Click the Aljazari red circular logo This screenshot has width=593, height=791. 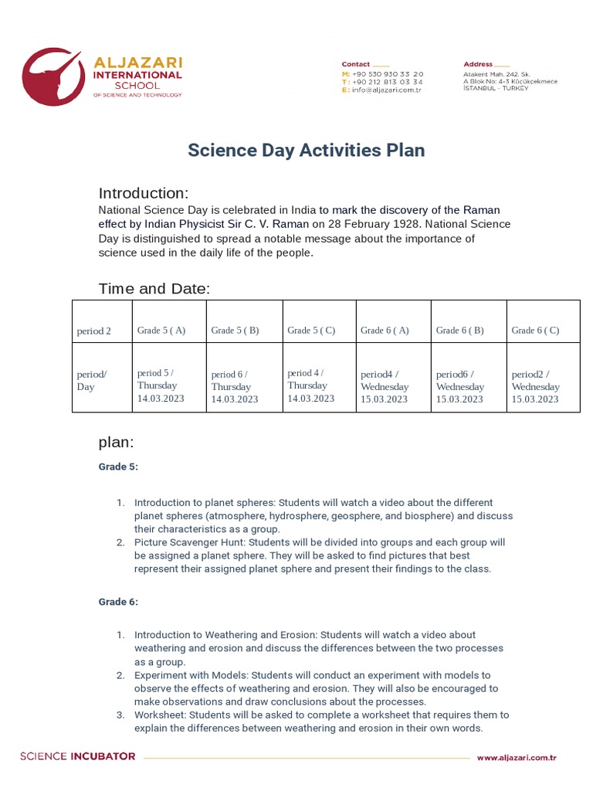(x=51, y=77)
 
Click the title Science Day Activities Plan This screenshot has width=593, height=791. (x=306, y=150)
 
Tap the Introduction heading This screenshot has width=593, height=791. (x=144, y=193)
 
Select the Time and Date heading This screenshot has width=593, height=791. (x=154, y=289)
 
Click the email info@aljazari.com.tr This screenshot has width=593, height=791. (x=386, y=90)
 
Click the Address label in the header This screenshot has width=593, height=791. (x=478, y=64)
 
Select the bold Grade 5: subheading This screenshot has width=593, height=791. (x=118, y=467)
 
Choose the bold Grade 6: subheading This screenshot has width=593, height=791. (x=118, y=602)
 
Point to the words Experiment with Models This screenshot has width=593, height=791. (x=191, y=675)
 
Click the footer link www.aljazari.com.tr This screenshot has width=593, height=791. (x=517, y=758)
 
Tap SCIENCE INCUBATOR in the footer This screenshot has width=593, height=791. (x=78, y=756)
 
